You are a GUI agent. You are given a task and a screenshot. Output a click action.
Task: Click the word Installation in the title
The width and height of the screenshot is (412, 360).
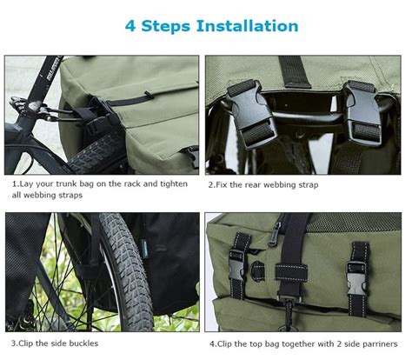click(248, 26)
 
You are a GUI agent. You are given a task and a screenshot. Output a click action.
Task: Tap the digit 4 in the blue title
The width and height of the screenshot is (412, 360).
click(130, 26)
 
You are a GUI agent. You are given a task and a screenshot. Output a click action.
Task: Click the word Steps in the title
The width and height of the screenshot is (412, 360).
click(166, 26)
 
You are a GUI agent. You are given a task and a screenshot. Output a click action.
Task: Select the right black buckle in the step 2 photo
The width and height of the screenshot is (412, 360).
click(363, 112)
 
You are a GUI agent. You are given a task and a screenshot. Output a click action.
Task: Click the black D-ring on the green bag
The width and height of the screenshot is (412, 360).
click(257, 271)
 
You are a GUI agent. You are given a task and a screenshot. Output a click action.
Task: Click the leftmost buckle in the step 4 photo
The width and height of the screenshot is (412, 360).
click(236, 265)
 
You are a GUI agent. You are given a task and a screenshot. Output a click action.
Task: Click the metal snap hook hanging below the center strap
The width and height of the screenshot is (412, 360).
click(289, 315)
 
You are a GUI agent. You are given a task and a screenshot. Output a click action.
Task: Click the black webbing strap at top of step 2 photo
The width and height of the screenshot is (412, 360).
click(295, 72)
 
